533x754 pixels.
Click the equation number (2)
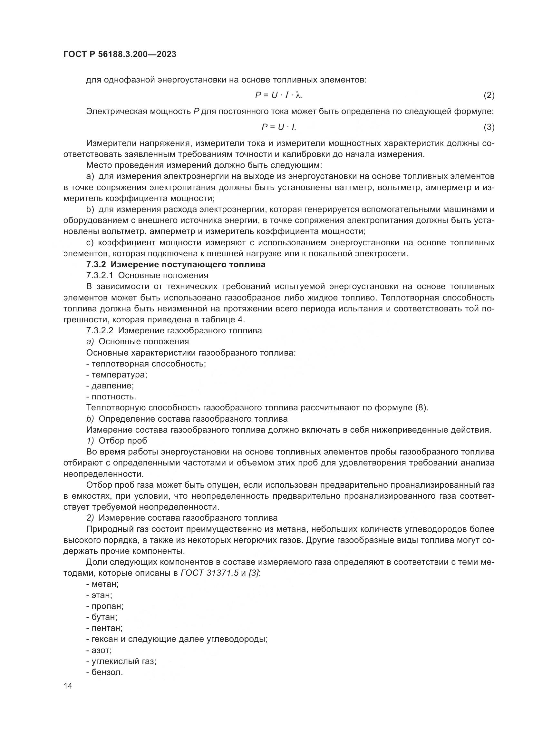489,95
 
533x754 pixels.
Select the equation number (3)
489,127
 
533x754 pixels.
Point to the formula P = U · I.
279,127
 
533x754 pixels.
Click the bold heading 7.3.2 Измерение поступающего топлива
176,264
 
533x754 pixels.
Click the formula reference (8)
422,408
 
